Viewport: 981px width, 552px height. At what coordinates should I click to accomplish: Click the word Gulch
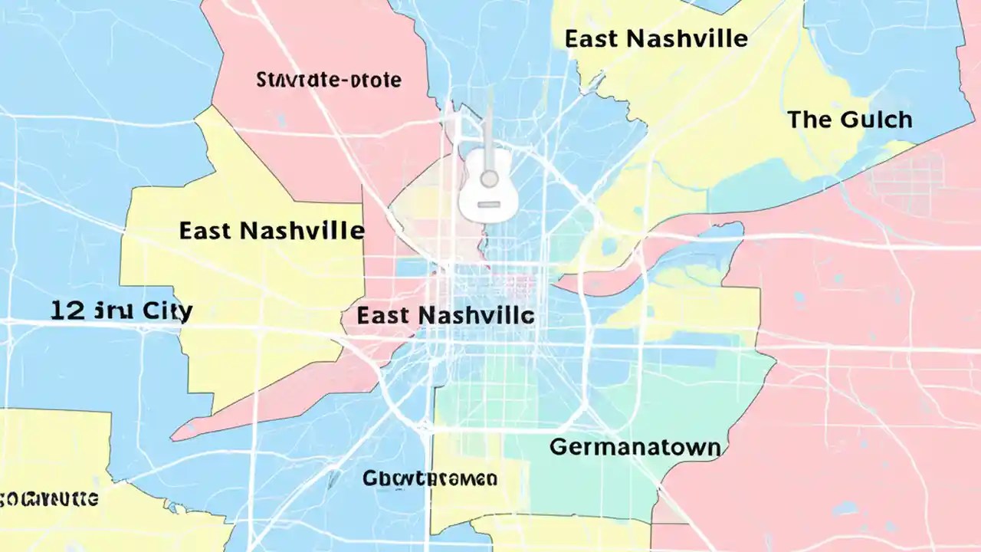pos(876,120)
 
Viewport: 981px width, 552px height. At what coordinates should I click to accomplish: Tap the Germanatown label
pos(635,447)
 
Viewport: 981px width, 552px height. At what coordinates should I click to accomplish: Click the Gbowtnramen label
pos(430,479)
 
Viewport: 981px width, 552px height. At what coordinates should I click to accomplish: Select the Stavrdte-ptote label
pos(329,80)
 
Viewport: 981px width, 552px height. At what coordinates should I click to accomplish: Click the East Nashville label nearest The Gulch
pos(656,38)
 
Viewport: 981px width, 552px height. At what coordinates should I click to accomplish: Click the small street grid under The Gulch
pos(905,181)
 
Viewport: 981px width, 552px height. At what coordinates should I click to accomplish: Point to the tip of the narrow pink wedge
pos(173,437)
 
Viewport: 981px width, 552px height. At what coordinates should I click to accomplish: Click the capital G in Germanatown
pos(559,448)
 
